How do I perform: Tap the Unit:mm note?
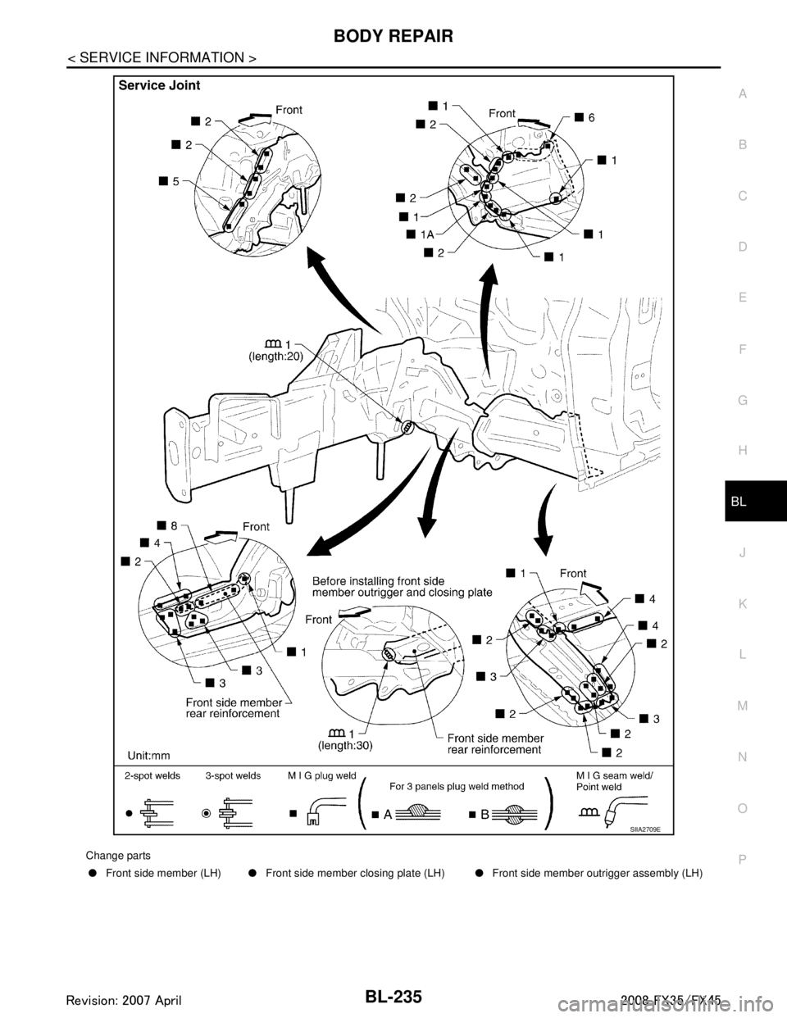148,753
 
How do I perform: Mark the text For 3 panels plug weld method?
457,785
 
